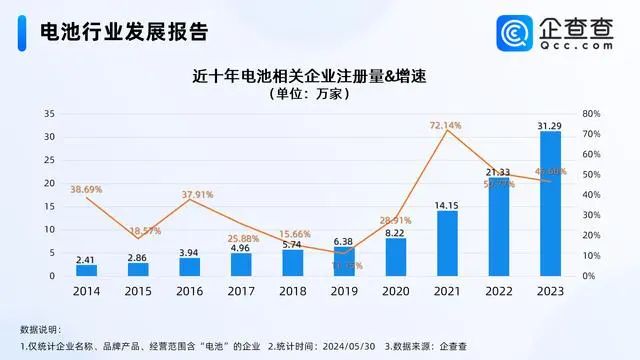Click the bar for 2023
[550, 204]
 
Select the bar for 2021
[447, 243]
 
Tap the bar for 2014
[87, 270]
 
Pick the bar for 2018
[293, 262]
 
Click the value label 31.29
[550, 125]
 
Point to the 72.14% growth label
[446, 125]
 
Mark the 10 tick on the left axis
[49, 229]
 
